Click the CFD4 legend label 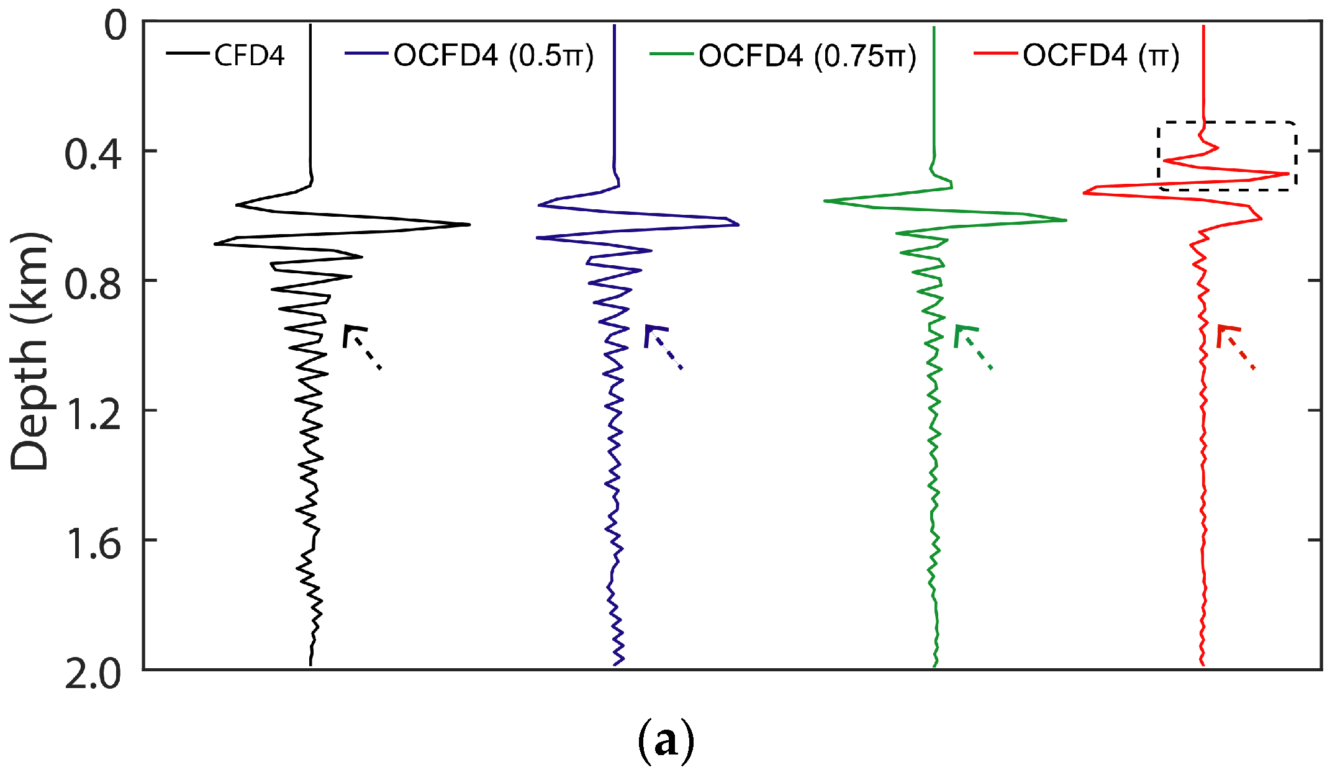249,55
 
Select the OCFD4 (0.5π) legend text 494,56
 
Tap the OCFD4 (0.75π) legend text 807,56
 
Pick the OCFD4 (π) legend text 1101,56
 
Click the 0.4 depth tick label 93,154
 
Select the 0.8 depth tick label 93,284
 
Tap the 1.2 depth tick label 93,414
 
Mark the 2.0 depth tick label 93,674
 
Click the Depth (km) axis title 29,352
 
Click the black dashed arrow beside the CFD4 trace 361,345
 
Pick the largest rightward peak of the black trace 468,224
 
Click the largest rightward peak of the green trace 1065,220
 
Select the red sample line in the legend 995,54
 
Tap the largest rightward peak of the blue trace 737,224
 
